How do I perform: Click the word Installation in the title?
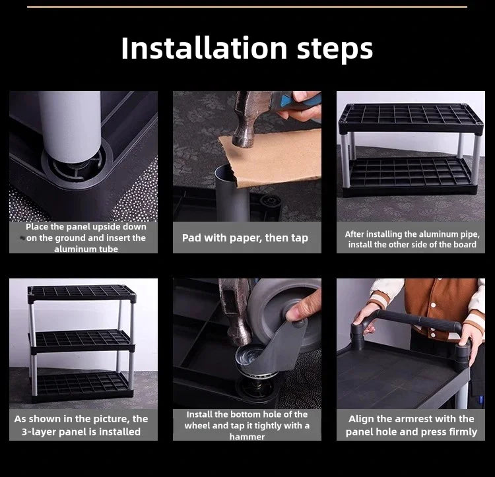[x=204, y=48]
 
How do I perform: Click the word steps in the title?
[x=335, y=49]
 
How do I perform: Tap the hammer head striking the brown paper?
[x=249, y=122]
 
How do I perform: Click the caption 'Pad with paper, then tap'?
[x=245, y=238]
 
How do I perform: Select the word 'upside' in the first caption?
[x=106, y=227]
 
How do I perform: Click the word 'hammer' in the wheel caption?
[x=247, y=437]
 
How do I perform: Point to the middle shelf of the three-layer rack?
[x=81, y=340]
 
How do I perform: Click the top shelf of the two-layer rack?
[x=411, y=118]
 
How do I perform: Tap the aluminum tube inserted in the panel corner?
[x=71, y=126]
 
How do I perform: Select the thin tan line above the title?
[x=247, y=7]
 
